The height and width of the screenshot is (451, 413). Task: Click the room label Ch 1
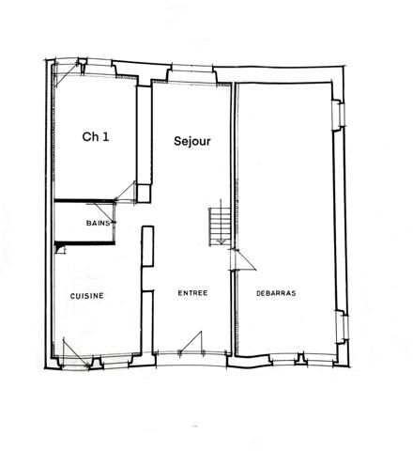coord(96,137)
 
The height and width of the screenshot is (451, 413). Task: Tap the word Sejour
coord(192,141)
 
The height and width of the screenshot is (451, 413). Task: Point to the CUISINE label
coord(86,295)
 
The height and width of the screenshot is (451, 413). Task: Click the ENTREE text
coord(192,293)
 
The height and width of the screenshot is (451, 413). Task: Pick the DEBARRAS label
coord(276,293)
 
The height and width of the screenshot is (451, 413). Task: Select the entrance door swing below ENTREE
coord(194,343)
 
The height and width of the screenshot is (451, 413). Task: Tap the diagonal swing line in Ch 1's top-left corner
coord(66,75)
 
